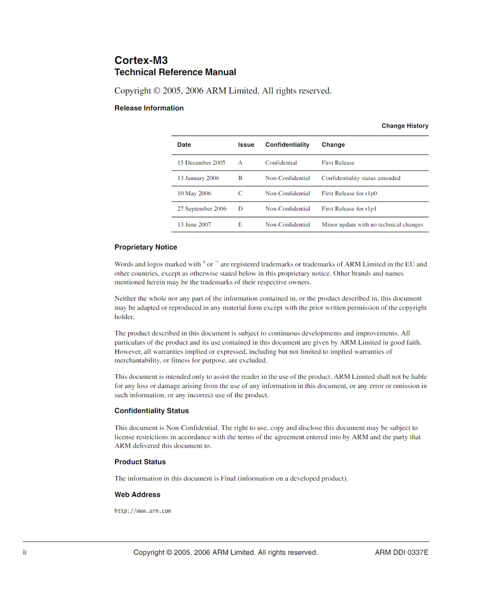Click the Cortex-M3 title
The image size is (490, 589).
(x=141, y=60)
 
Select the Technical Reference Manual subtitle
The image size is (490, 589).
(x=175, y=72)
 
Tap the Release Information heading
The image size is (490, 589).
(x=149, y=108)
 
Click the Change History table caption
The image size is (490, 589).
(x=405, y=125)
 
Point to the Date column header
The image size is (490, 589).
(x=184, y=145)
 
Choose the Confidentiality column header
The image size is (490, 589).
(x=287, y=145)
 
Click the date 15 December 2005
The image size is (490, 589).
(x=201, y=163)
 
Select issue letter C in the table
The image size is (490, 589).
(x=240, y=194)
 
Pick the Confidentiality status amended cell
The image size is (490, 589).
(x=361, y=178)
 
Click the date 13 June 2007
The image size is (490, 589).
(x=194, y=225)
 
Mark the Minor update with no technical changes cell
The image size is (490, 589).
(x=372, y=225)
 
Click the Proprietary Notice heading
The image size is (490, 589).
(x=145, y=247)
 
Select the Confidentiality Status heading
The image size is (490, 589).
(x=152, y=411)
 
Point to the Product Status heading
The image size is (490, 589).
(x=140, y=461)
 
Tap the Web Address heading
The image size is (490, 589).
(x=137, y=495)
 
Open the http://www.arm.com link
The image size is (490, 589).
(x=142, y=511)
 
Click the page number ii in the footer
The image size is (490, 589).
(x=24, y=552)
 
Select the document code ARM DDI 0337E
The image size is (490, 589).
(x=401, y=552)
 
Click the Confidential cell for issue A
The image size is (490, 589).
(x=281, y=163)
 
